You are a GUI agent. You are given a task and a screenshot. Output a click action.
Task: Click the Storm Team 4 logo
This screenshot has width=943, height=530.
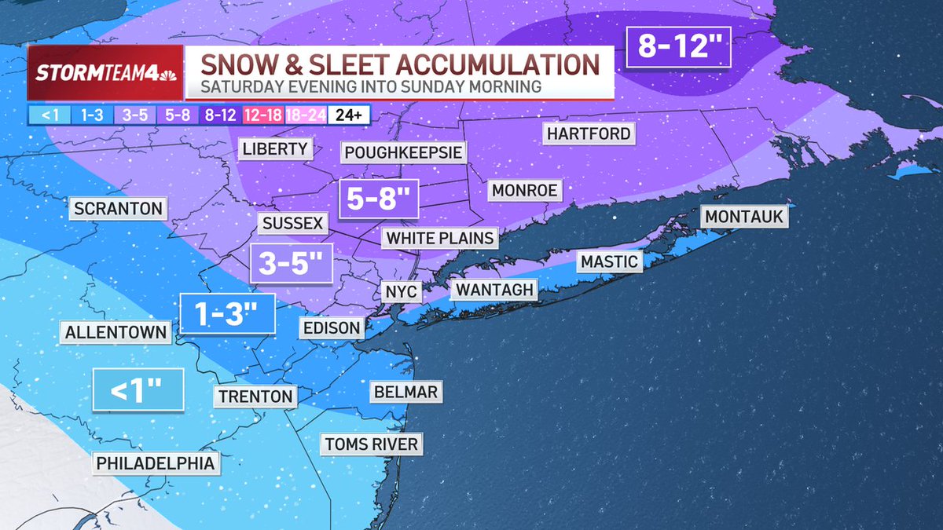[105, 73]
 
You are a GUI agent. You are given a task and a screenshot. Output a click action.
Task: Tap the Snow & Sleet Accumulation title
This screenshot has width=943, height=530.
[398, 64]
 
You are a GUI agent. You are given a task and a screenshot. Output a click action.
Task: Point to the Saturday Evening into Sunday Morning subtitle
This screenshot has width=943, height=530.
[369, 86]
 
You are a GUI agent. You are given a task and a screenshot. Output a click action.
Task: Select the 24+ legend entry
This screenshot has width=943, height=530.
[348, 115]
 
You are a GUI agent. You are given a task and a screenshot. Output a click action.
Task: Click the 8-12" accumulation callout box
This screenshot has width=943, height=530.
[679, 47]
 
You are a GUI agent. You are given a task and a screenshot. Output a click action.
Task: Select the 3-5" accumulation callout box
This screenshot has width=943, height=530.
[290, 264]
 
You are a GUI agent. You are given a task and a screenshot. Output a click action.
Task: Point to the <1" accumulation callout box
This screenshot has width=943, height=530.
[138, 389]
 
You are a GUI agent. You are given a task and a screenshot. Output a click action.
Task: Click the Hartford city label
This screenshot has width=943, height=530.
[589, 133]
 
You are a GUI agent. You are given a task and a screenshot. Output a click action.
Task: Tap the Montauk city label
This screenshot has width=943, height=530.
[744, 217]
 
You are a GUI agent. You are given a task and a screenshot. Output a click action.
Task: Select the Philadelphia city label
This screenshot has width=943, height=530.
[155, 463]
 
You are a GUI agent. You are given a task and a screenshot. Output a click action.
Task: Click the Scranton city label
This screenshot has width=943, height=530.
[118, 209]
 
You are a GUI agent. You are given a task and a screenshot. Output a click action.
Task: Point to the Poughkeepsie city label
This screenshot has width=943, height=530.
[403, 152]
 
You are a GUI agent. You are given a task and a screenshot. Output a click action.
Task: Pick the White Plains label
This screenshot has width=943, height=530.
[440, 238]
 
